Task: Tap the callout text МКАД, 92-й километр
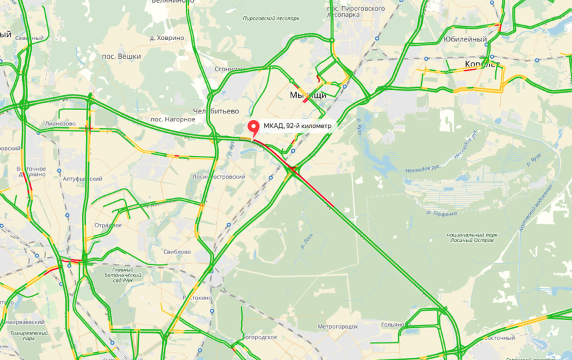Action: pyautogui.click(x=297, y=125)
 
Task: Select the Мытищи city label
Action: pyautogui.click(x=307, y=96)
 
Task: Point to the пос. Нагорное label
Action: pyautogui.click(x=173, y=119)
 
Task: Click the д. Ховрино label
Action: pyautogui.click(x=167, y=38)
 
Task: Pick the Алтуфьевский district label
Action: pyautogui.click(x=82, y=179)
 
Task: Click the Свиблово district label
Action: pyautogui.click(x=177, y=252)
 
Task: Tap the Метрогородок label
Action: pyautogui.click(x=337, y=327)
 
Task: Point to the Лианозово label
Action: pyautogui.click(x=60, y=124)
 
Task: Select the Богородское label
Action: pyautogui.click(x=258, y=337)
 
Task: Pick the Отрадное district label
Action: pyautogui.click(x=107, y=225)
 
